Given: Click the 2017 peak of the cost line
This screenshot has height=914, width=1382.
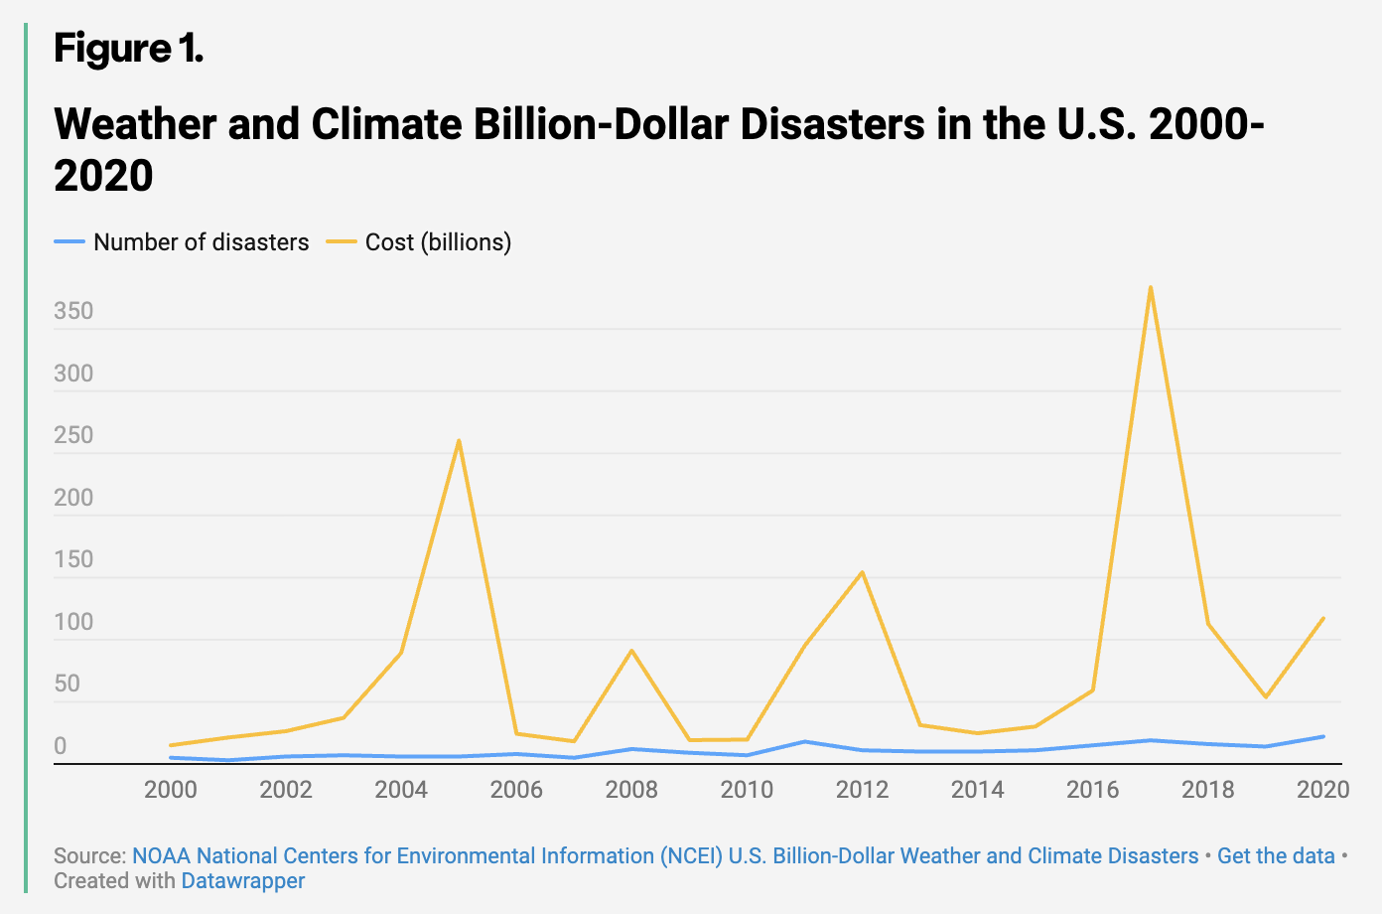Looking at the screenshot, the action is (1150, 287).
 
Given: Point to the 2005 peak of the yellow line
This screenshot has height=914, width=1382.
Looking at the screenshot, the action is (459, 440).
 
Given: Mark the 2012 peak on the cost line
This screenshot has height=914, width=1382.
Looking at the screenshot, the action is (862, 572).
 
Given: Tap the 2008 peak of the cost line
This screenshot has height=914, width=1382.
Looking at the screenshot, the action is (631, 651).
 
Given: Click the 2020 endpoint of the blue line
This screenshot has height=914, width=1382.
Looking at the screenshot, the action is (1322, 737).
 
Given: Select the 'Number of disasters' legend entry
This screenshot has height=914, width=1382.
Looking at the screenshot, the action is (182, 242).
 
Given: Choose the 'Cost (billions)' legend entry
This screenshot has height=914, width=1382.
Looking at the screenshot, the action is (419, 242).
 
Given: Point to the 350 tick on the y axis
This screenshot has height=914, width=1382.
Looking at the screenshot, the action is (73, 311).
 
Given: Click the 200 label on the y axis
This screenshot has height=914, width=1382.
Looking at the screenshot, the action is (73, 497).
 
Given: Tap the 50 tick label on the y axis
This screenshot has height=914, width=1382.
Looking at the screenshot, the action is (68, 684).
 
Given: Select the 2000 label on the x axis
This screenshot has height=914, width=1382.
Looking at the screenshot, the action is (171, 789).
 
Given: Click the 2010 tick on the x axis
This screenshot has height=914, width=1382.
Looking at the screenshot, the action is (747, 789).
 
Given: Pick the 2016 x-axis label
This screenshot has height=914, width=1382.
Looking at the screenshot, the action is (1093, 789).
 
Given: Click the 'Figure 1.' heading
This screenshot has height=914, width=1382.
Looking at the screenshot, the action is (128, 48).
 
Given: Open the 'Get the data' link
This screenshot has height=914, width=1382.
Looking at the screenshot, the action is (1276, 856).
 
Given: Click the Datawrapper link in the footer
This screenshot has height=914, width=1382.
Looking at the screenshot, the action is (243, 880).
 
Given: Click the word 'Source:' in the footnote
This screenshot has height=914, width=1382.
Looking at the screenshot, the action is (90, 856).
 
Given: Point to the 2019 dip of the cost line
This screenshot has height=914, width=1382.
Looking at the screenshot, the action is (1266, 696).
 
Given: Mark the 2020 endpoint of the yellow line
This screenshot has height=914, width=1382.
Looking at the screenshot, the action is (1322, 618).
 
